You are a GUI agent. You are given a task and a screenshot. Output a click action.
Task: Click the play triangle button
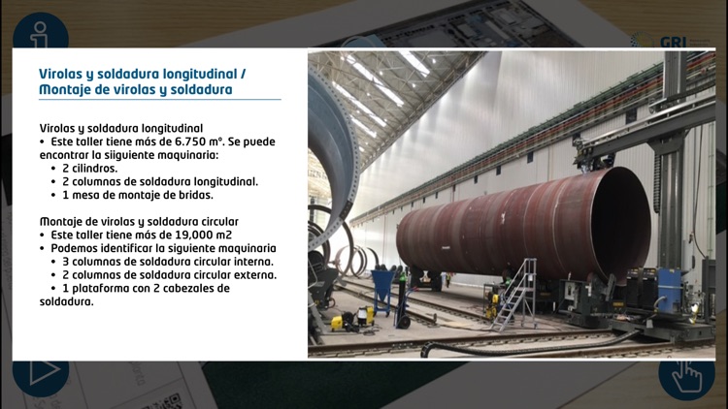tap(40, 373)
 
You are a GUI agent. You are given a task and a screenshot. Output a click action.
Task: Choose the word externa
tap(253, 275)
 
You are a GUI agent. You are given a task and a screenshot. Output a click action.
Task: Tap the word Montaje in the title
tap(67, 90)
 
